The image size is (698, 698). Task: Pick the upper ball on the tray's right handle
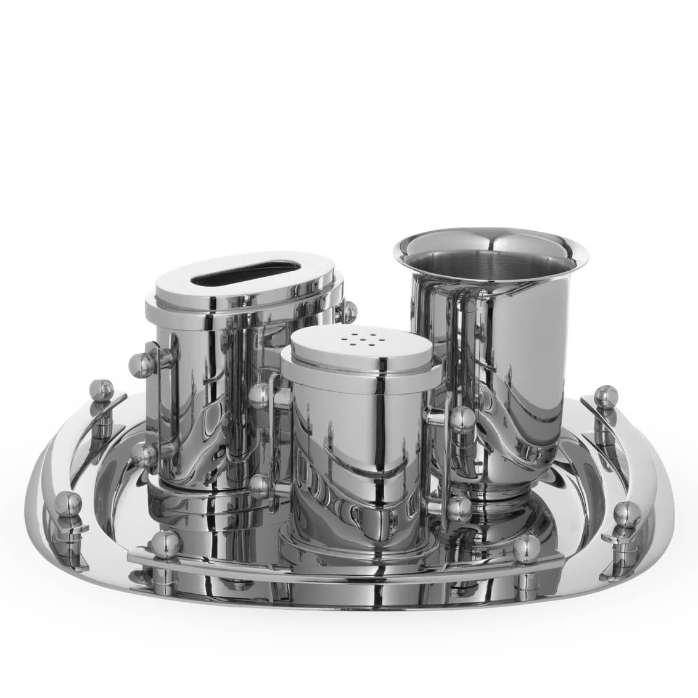pos(606,394)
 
